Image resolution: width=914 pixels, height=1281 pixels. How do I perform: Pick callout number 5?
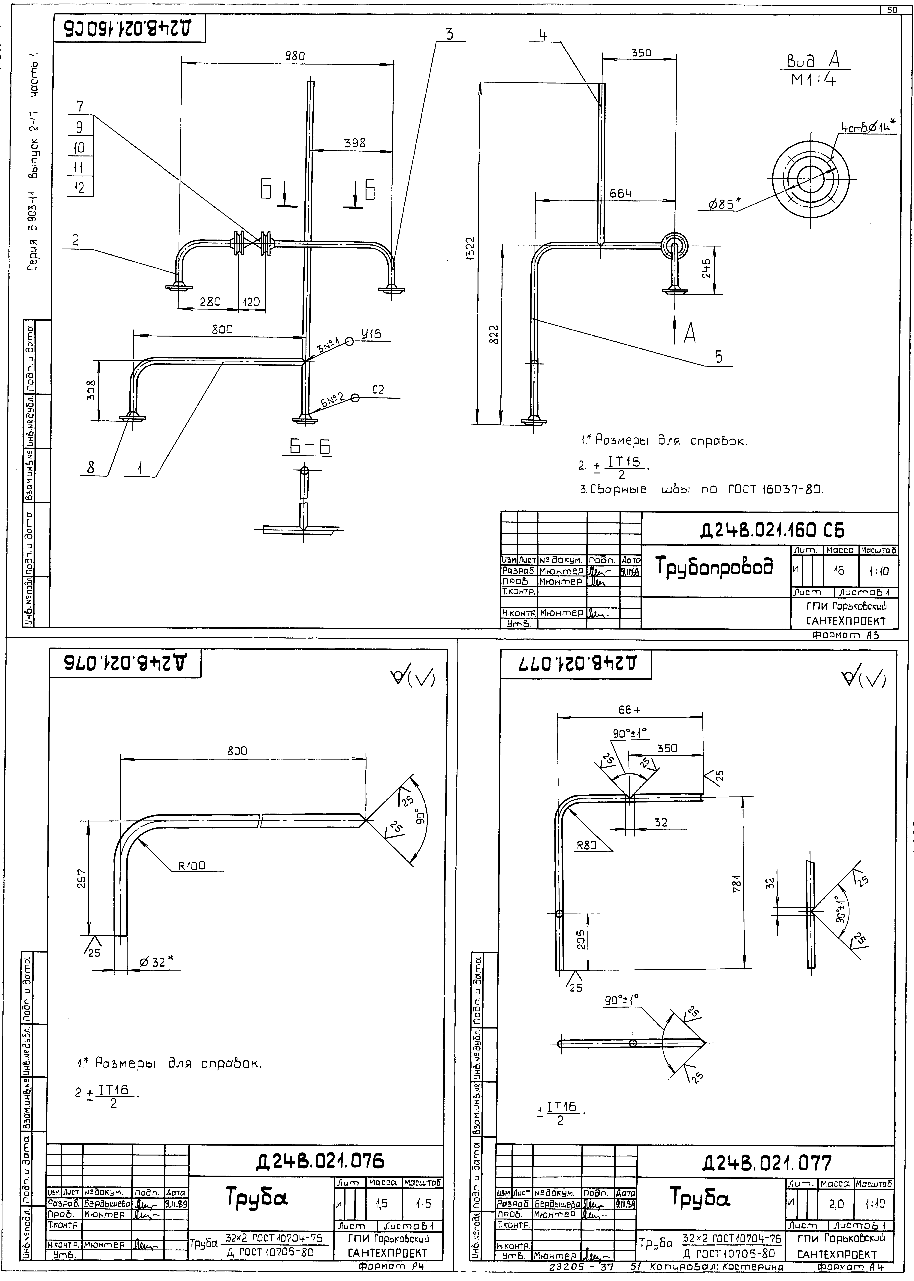coord(719,357)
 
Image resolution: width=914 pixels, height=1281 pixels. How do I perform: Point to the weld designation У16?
coord(371,334)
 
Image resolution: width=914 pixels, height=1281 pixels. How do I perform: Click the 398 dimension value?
coord(355,143)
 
